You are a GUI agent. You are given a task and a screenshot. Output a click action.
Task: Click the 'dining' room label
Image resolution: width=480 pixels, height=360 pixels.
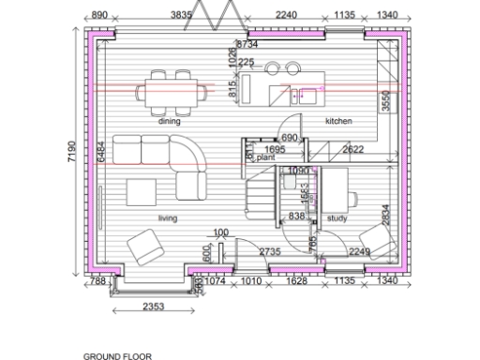[x=169, y=121]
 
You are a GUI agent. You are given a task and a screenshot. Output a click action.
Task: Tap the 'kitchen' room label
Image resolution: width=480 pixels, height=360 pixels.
[x=338, y=121]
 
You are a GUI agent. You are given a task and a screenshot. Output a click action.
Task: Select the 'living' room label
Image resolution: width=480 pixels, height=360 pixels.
[x=167, y=218]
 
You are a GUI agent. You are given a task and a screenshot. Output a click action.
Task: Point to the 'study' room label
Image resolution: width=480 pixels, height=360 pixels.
[x=337, y=218]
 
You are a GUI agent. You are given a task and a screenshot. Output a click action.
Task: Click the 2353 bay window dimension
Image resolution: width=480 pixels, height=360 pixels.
[x=152, y=307]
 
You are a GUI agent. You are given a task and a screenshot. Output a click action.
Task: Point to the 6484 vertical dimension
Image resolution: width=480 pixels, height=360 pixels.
[x=99, y=154]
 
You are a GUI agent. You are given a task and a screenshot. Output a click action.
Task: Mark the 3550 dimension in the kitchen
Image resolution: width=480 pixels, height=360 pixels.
[x=385, y=101]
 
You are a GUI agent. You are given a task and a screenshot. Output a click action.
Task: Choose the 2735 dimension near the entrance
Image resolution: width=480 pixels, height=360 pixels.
[x=270, y=251]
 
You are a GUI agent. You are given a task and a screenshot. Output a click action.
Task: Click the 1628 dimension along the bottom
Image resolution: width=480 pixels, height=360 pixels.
[x=295, y=280]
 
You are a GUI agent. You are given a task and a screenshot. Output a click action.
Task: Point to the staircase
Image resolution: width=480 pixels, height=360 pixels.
[x=262, y=199]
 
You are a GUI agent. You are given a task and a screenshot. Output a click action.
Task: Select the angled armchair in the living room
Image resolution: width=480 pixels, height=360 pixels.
[x=147, y=247]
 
